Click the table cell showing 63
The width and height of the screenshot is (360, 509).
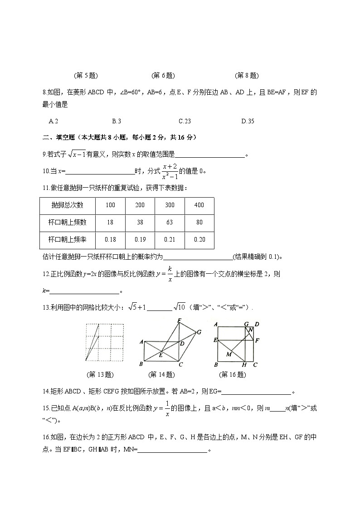(x=170, y=222)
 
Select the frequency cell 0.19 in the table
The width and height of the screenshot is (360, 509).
(x=140, y=240)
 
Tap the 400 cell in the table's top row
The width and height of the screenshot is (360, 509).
(x=199, y=205)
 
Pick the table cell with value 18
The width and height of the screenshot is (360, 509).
(x=110, y=222)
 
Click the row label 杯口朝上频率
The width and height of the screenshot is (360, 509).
(x=67, y=240)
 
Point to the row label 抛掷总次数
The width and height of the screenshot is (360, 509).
(x=67, y=205)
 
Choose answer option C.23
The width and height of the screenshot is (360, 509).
(x=185, y=121)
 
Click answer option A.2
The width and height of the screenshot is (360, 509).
(x=53, y=121)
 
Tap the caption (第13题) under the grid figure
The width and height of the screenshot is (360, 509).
(x=99, y=375)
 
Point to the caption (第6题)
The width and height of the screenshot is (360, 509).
(x=163, y=76)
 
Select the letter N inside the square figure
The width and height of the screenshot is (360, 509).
(x=250, y=330)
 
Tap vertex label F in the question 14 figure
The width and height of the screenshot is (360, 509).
(x=180, y=320)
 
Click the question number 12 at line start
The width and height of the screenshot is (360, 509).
(x=45, y=274)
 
